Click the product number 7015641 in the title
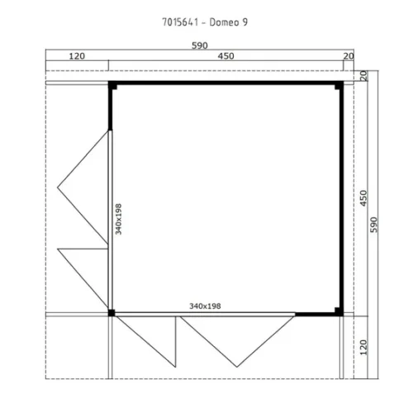point(180,22)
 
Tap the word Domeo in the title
point(224,22)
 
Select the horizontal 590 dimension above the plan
point(200,45)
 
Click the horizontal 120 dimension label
point(77,56)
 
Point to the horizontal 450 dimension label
point(225,56)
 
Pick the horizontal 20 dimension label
point(349,56)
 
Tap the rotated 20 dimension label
point(363,76)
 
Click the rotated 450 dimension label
point(363,198)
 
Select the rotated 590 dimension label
point(373,225)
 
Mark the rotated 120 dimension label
point(363,348)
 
